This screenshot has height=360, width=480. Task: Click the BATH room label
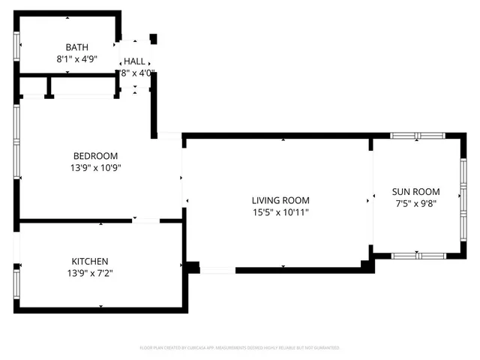(x=76, y=46)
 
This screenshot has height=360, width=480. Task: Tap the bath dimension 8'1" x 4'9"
(x=76, y=58)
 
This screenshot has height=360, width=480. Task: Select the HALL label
(x=135, y=61)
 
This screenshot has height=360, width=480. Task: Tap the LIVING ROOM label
(x=280, y=200)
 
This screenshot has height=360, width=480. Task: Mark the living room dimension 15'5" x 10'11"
(x=280, y=212)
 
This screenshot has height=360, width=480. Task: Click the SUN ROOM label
(x=417, y=191)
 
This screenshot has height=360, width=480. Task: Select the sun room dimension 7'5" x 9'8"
(x=417, y=203)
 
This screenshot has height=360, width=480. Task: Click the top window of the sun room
(x=418, y=136)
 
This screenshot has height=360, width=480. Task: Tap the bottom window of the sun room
(x=418, y=256)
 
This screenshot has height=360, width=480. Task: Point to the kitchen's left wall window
(x=16, y=283)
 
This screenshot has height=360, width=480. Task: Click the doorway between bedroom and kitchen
(x=145, y=220)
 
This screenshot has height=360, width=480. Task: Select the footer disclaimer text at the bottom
(x=241, y=348)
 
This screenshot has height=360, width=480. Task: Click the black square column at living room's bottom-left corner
(x=193, y=266)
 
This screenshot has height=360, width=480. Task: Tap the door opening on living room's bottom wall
(x=218, y=270)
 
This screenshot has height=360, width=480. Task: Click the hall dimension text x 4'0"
(x=137, y=73)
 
